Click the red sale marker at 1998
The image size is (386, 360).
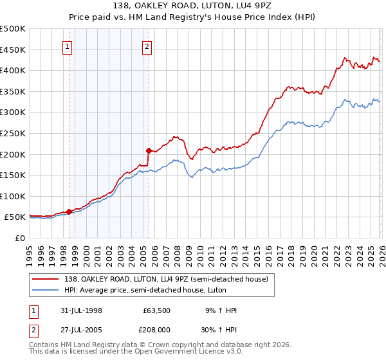(69, 212)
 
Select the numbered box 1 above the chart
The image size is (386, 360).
(68, 46)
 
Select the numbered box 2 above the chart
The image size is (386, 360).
(147, 46)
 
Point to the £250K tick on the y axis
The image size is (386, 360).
(13, 133)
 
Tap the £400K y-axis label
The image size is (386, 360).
(13, 71)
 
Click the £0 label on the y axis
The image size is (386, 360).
(19, 238)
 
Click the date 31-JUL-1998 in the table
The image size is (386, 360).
(87, 310)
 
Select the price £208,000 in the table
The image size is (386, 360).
(157, 328)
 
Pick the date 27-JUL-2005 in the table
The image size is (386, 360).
(87, 328)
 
